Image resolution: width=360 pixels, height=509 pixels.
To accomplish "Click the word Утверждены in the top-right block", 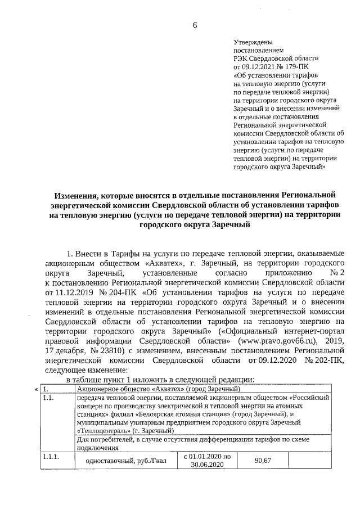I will pos(253,42).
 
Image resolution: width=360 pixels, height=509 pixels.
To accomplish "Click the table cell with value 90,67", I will pos(263,461).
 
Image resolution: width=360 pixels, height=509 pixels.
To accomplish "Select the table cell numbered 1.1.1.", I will pos(51,457).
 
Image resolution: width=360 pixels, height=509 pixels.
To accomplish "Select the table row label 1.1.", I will pos(49,398).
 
